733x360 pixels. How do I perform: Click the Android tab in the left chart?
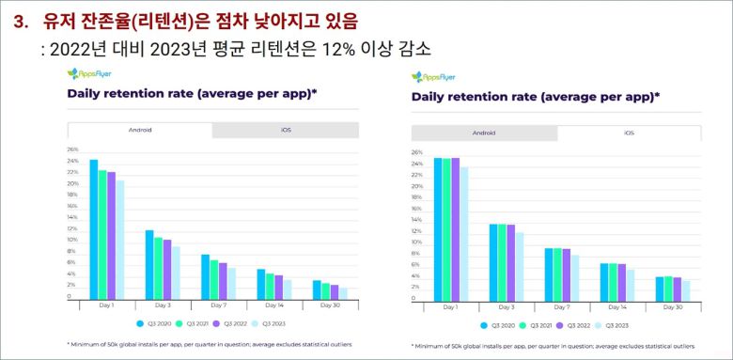tap(139, 130)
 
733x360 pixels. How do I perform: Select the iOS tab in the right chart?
tap(629, 133)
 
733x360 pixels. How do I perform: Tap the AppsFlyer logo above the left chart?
tap(91, 74)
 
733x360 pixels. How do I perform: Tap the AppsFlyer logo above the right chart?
tap(435, 76)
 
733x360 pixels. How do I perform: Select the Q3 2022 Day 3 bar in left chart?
tap(167, 270)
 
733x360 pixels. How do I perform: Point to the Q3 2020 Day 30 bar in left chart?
tap(317, 290)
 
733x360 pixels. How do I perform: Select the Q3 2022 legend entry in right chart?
tap(574, 326)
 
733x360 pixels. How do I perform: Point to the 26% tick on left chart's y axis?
tap(72, 149)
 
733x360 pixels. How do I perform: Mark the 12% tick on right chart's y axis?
tap(416, 230)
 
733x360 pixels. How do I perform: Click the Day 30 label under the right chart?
tap(674, 307)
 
